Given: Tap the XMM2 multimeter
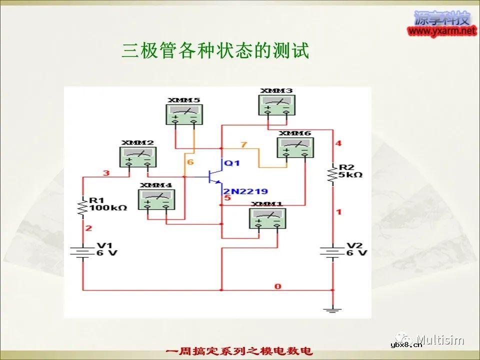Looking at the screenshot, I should tap(137, 156).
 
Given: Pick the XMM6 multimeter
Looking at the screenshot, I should tap(295, 147).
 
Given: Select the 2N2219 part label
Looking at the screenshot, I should tap(245, 191).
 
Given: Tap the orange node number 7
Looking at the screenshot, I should tap(243, 145).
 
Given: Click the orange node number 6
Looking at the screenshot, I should tap(190, 162).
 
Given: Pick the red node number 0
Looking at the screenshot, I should tap(277, 286).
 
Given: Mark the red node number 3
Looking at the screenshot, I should tap(106, 173).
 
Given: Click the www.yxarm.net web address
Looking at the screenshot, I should tap(442, 31).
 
